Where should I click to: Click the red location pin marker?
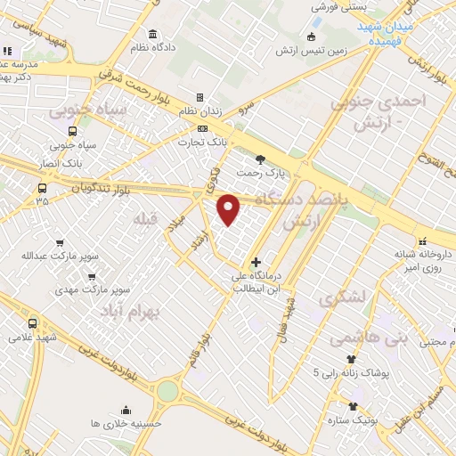[230, 209]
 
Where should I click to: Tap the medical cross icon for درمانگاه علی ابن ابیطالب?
[256, 263]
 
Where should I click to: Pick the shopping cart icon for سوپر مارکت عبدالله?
[60, 242]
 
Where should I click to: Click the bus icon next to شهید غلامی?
[32, 322]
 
